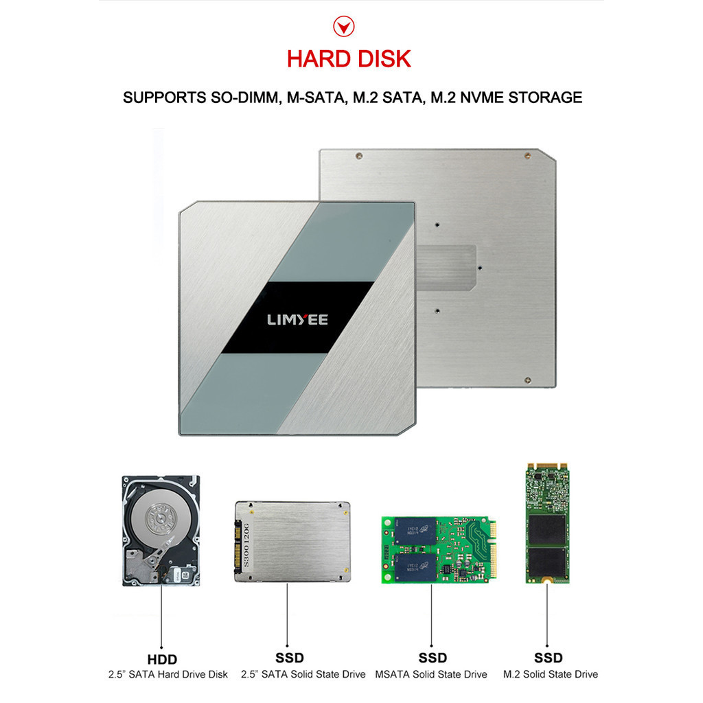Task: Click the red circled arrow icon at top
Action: tap(343, 27)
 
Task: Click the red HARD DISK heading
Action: tap(349, 58)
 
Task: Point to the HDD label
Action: tap(162, 659)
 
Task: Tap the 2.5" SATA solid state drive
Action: tap(292, 541)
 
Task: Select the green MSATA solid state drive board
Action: tap(437, 549)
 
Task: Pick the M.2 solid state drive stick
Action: tap(547, 522)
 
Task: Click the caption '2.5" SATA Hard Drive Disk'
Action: tap(168, 674)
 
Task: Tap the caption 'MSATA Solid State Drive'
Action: tap(431, 674)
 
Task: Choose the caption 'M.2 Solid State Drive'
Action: tap(551, 674)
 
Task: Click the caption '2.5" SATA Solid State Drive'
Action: tap(303, 674)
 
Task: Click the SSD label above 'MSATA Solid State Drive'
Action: tap(431, 659)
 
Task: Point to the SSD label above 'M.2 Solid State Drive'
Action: tap(549, 659)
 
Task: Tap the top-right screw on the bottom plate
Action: tap(526, 155)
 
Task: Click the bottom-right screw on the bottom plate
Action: tap(527, 380)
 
